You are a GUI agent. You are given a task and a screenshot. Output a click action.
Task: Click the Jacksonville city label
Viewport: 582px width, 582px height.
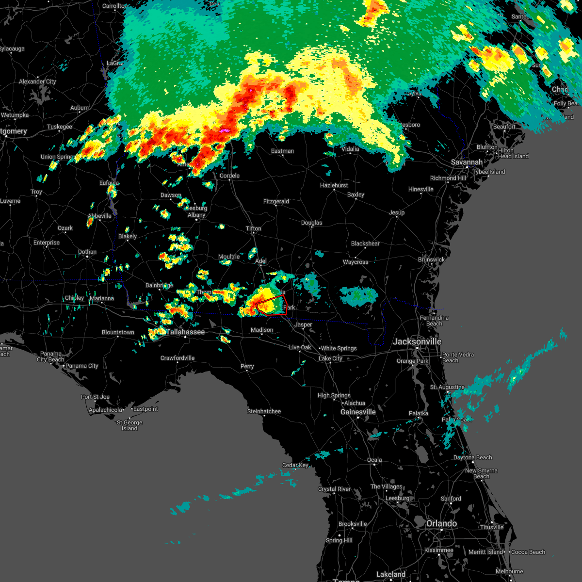point(417,341)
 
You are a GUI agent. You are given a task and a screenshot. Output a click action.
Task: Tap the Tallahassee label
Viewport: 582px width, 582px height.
point(186,332)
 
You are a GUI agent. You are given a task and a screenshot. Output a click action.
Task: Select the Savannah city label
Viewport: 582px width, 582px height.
point(467,162)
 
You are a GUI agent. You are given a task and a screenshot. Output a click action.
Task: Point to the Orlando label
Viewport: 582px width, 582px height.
point(441,523)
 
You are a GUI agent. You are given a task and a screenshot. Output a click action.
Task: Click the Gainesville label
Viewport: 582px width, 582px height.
point(358,412)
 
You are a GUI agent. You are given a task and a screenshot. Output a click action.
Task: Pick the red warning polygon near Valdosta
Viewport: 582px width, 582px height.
point(272,307)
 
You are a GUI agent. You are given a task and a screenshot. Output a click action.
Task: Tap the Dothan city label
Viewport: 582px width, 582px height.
point(87,252)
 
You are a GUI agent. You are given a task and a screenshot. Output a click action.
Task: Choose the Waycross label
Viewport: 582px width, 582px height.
point(356,262)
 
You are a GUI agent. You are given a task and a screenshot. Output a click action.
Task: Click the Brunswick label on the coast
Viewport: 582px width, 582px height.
point(431,259)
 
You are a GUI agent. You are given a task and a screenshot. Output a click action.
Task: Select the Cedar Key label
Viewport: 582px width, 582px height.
point(295,465)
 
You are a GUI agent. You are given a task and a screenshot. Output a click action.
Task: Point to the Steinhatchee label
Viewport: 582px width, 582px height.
point(264,411)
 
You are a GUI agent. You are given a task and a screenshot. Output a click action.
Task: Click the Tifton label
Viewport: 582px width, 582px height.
point(253,228)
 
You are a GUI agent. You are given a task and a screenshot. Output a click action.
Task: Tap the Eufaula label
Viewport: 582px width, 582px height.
point(109,183)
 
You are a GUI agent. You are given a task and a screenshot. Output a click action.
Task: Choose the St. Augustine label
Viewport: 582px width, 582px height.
point(447,387)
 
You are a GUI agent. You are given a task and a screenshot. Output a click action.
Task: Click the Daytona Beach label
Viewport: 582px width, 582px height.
point(472,457)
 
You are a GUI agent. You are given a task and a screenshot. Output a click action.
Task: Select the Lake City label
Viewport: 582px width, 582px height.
point(330,358)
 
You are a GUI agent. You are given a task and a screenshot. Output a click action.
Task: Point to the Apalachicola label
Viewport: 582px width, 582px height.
point(106,410)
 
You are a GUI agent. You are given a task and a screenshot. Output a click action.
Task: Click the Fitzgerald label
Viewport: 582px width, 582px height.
point(276,201)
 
